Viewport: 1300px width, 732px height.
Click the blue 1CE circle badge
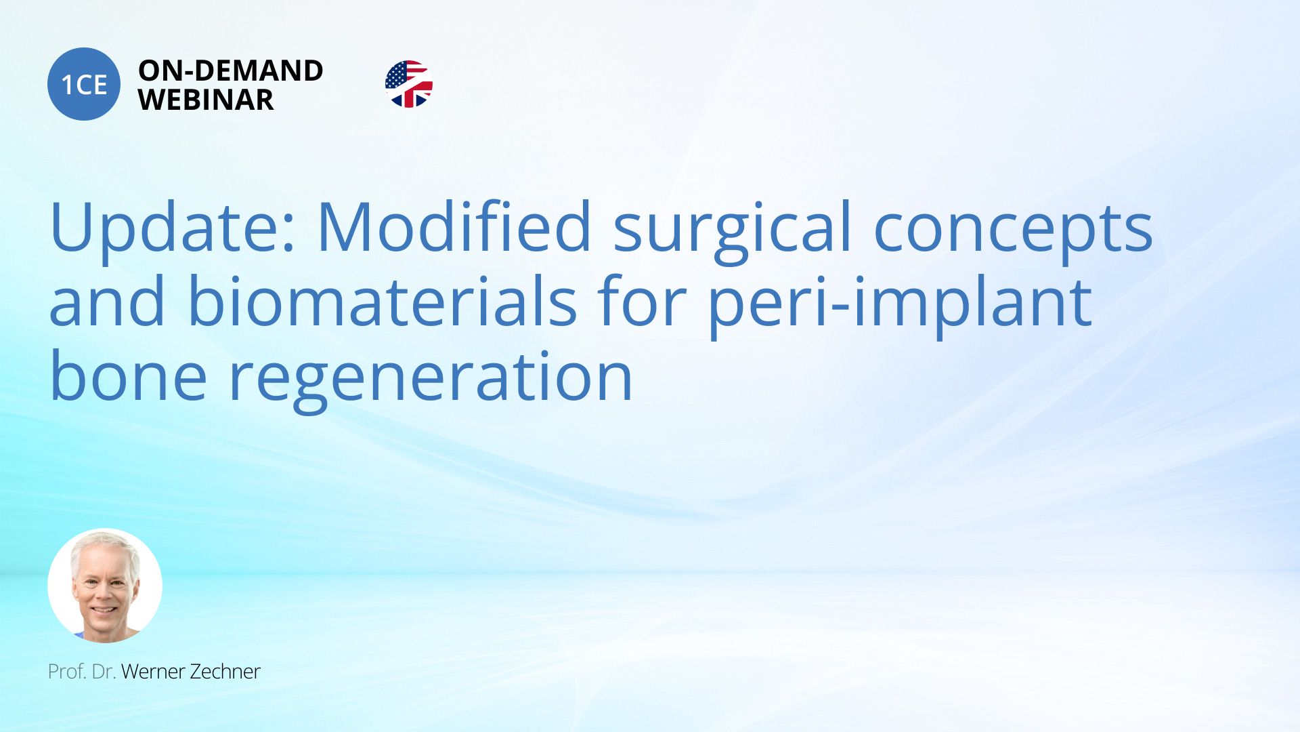(x=84, y=84)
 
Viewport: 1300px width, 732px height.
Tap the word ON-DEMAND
(x=231, y=70)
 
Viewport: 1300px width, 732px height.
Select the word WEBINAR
(x=206, y=100)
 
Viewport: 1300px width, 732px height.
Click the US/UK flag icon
(x=409, y=84)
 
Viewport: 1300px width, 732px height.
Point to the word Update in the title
(x=173, y=227)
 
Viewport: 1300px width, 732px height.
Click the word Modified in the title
(x=454, y=226)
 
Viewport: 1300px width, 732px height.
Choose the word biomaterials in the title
(x=382, y=300)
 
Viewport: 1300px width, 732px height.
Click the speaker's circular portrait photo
(x=105, y=586)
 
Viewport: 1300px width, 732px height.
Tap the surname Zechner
(x=225, y=672)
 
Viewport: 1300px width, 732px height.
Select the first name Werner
(x=153, y=672)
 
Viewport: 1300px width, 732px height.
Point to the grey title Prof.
(x=67, y=672)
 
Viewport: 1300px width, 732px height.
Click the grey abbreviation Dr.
(x=104, y=672)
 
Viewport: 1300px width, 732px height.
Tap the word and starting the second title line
(x=107, y=300)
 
